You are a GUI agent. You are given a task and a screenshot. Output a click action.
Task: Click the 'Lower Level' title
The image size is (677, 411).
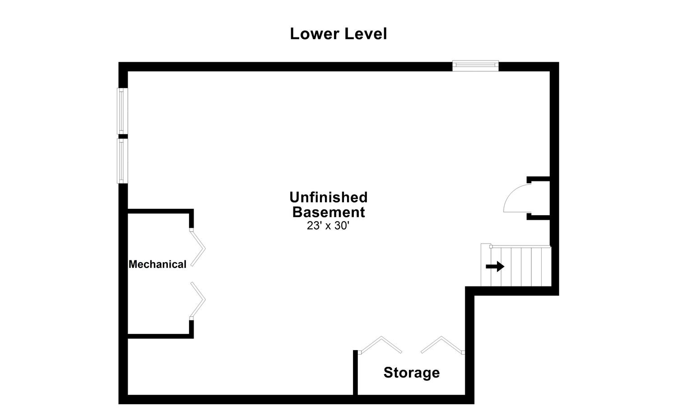tap(338, 34)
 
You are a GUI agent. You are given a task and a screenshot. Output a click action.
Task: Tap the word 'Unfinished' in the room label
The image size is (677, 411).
tap(329, 197)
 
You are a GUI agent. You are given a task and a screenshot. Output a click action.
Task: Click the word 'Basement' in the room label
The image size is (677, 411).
tap(329, 212)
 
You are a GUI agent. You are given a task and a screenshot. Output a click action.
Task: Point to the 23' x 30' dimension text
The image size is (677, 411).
tap(328, 226)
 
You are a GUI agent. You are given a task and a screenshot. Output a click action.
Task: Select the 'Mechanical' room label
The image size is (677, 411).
tap(158, 264)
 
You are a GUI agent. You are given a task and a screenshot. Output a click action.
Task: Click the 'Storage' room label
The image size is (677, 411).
tap(411, 373)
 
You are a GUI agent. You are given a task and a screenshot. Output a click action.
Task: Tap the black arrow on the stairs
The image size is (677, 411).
tap(495, 267)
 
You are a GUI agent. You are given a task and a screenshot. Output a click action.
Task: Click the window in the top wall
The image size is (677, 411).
tap(475, 66)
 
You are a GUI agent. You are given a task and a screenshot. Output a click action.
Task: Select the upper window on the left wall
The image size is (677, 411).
tap(122, 111)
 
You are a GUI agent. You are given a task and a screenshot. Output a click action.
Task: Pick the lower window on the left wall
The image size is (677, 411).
tap(122, 161)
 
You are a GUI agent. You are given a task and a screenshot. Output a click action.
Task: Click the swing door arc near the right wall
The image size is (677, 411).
tap(515, 199)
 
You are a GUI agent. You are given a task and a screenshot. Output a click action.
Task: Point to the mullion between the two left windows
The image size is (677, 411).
tap(123, 136)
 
